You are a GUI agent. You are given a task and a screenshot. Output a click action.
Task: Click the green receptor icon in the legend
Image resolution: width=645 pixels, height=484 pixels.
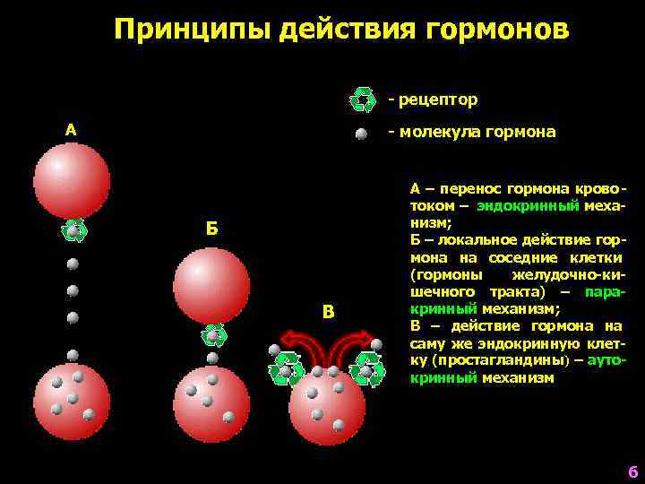pos(363,99)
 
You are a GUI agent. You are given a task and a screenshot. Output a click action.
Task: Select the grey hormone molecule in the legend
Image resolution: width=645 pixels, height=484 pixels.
pos(361,134)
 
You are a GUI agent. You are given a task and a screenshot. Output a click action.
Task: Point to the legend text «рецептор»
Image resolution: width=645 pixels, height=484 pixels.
pos(438,99)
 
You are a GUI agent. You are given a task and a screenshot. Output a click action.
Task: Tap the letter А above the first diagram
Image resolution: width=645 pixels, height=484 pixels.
pos(71,131)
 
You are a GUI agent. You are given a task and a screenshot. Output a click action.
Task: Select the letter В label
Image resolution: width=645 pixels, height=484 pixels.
pos(328,312)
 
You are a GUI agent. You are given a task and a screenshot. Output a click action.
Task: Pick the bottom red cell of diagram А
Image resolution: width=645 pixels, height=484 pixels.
pos(72,401)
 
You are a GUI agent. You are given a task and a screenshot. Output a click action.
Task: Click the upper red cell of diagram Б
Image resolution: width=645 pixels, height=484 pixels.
pos(211,285)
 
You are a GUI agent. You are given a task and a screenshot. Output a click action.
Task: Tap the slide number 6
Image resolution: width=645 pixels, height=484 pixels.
pos(632,472)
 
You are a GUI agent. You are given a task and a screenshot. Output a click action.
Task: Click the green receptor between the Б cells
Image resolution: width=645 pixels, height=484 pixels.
pos(212,335)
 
